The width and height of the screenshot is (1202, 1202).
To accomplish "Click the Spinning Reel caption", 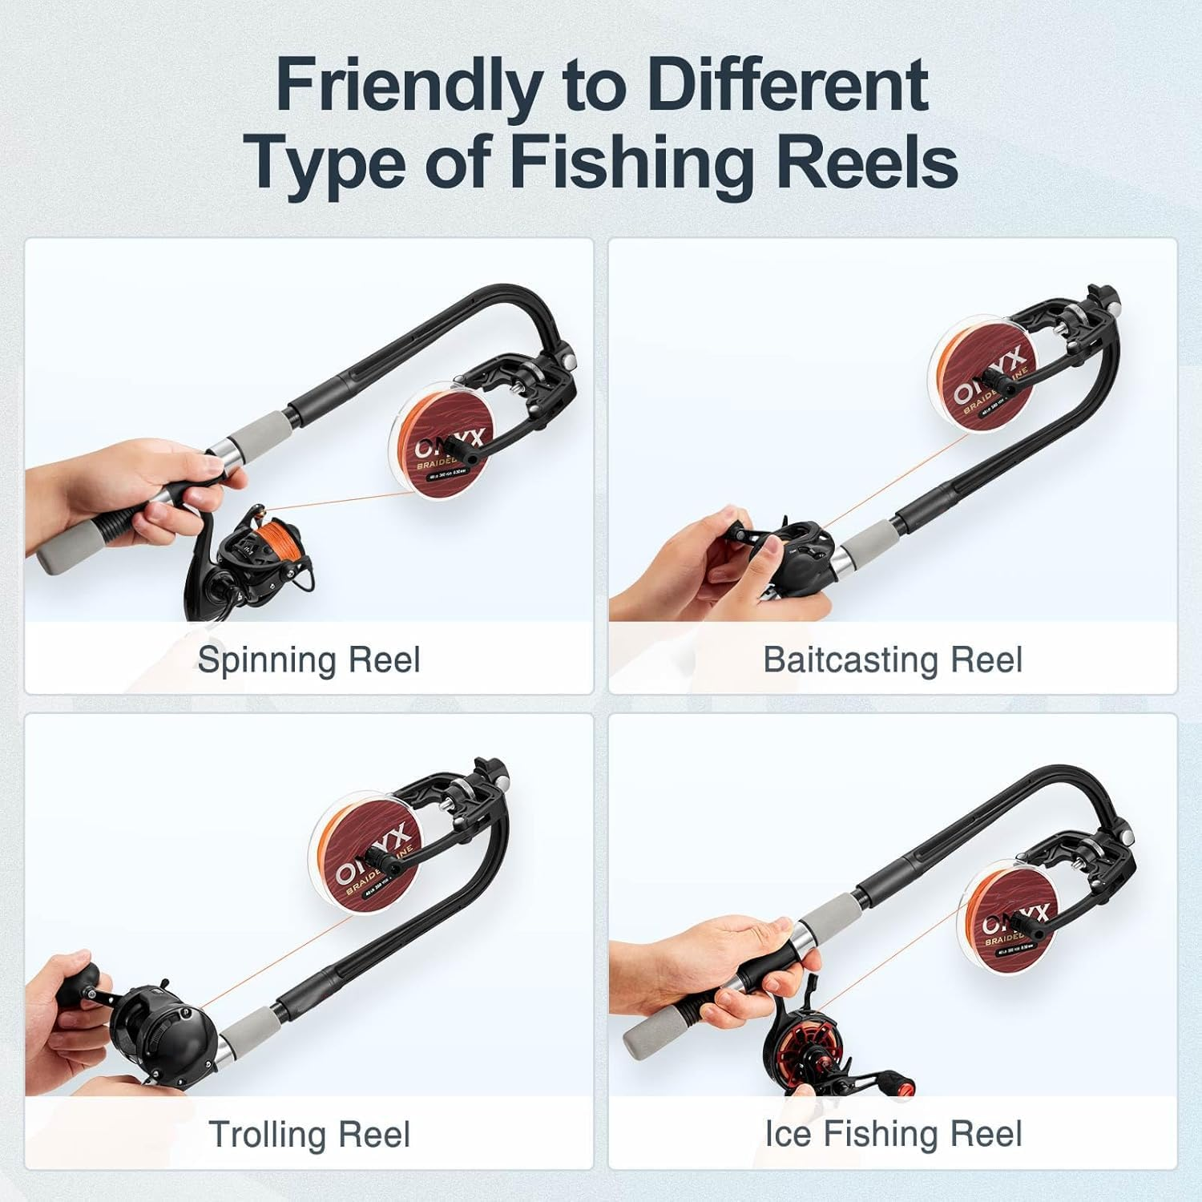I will [309, 659].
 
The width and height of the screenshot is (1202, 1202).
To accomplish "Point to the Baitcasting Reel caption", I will [893, 659].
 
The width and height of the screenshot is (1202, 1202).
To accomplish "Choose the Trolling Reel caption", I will [309, 1134].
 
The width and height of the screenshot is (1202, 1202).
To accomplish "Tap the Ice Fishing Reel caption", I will [893, 1134].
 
